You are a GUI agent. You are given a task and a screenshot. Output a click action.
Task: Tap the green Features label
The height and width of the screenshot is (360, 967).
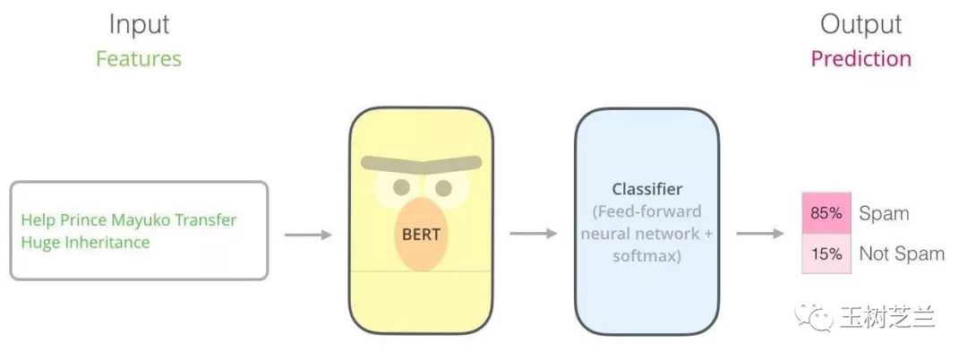[139, 59]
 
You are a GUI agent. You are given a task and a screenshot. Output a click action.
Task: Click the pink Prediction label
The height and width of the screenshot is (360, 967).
[860, 59]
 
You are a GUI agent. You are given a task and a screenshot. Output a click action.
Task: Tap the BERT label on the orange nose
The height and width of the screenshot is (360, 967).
[421, 235]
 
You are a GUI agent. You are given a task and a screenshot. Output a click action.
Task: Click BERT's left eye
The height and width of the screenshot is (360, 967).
[402, 187]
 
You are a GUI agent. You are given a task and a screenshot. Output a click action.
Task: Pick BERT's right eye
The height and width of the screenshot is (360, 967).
[443, 188]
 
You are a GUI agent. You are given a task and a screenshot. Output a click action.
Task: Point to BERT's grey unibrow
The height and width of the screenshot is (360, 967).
[421, 167]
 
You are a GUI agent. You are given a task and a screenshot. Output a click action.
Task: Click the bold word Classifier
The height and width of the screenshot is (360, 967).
[647, 189]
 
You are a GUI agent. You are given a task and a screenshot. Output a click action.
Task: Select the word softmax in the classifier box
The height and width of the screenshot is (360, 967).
[647, 256]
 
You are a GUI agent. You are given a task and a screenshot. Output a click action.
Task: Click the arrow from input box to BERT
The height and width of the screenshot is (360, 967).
[308, 235]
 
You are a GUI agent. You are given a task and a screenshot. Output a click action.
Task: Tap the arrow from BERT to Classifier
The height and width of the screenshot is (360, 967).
[534, 235]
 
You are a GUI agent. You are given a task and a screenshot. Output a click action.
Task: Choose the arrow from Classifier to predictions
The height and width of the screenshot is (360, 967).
[760, 235]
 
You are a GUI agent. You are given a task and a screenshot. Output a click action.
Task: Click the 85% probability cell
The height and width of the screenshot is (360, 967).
[824, 214]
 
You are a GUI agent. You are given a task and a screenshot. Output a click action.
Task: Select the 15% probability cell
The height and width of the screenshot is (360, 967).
[824, 254]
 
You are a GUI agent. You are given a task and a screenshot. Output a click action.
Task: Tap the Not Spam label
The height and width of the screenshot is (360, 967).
[902, 254]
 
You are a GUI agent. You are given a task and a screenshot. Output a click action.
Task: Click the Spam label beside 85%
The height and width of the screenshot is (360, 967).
[884, 214]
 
